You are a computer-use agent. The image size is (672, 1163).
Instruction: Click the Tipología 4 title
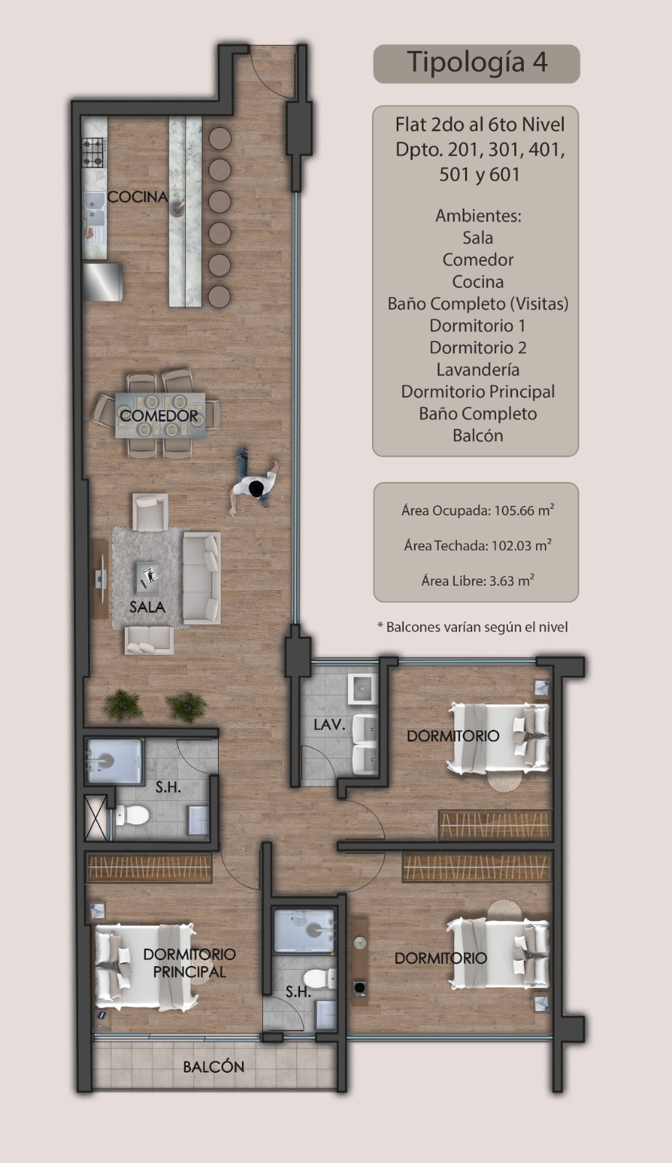point(477,63)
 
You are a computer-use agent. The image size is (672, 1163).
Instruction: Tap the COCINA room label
point(137,197)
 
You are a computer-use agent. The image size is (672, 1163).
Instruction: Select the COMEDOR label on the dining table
point(159,416)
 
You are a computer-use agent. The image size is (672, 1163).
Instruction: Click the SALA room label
point(147,607)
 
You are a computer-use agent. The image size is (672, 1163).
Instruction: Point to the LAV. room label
point(330,724)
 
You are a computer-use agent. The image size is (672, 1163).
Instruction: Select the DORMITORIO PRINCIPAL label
point(190,962)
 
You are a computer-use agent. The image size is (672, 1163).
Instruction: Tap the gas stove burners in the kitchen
point(94,152)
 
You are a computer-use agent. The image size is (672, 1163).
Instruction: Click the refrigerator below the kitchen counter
point(103,282)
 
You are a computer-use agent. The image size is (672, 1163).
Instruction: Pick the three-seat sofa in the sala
point(202,577)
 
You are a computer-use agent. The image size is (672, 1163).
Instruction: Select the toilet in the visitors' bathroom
point(130,815)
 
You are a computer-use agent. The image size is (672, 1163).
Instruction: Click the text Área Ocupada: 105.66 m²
point(477,510)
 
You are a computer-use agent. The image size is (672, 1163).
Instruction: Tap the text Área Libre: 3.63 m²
point(478,581)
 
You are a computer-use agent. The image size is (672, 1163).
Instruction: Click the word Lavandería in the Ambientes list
point(478,370)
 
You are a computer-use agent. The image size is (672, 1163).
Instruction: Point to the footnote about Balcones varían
point(473,627)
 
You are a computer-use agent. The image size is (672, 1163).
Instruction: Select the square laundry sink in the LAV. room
point(363,688)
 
